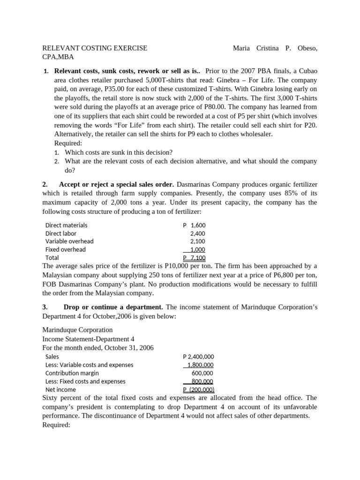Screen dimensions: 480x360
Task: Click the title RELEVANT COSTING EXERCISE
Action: pos(95,48)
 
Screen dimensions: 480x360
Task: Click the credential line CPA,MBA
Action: pos(58,57)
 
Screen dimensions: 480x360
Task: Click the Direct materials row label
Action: pos(66,225)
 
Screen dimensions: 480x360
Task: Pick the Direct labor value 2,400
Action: pos(197,233)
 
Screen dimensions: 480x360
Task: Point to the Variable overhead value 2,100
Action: pos(197,241)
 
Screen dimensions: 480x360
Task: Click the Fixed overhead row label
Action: pos(65,249)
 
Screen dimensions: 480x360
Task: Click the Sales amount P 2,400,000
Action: pos(198,357)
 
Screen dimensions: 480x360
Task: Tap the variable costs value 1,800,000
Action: pos(200,365)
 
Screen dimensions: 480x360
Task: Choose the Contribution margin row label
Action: pos(72,373)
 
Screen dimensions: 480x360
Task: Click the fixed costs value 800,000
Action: pos(202,382)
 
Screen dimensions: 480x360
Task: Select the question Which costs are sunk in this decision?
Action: pos(119,152)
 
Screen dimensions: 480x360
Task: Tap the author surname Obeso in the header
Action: pos(310,48)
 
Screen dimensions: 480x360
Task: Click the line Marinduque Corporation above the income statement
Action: pos(77,330)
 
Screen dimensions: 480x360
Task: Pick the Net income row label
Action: pos(61,390)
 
